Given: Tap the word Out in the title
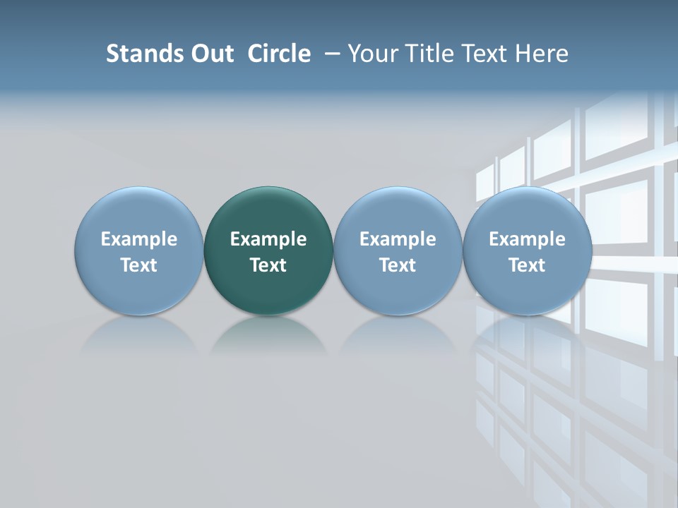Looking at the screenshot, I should coord(210,54).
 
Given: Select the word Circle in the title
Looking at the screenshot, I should coord(279,54).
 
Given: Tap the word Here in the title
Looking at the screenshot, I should coord(542,54).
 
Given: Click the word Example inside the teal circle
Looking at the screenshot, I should coord(268,239).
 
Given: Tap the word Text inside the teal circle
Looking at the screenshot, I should coord(268,265).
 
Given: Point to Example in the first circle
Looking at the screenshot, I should coord(138,239).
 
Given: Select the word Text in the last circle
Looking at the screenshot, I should coord(527,265).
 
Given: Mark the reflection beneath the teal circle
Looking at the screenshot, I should coord(268,334).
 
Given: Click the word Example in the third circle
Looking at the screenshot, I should coord(398,239).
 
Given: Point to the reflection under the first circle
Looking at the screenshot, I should coord(138,334).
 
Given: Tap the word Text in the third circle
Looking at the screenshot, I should coord(398,265).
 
